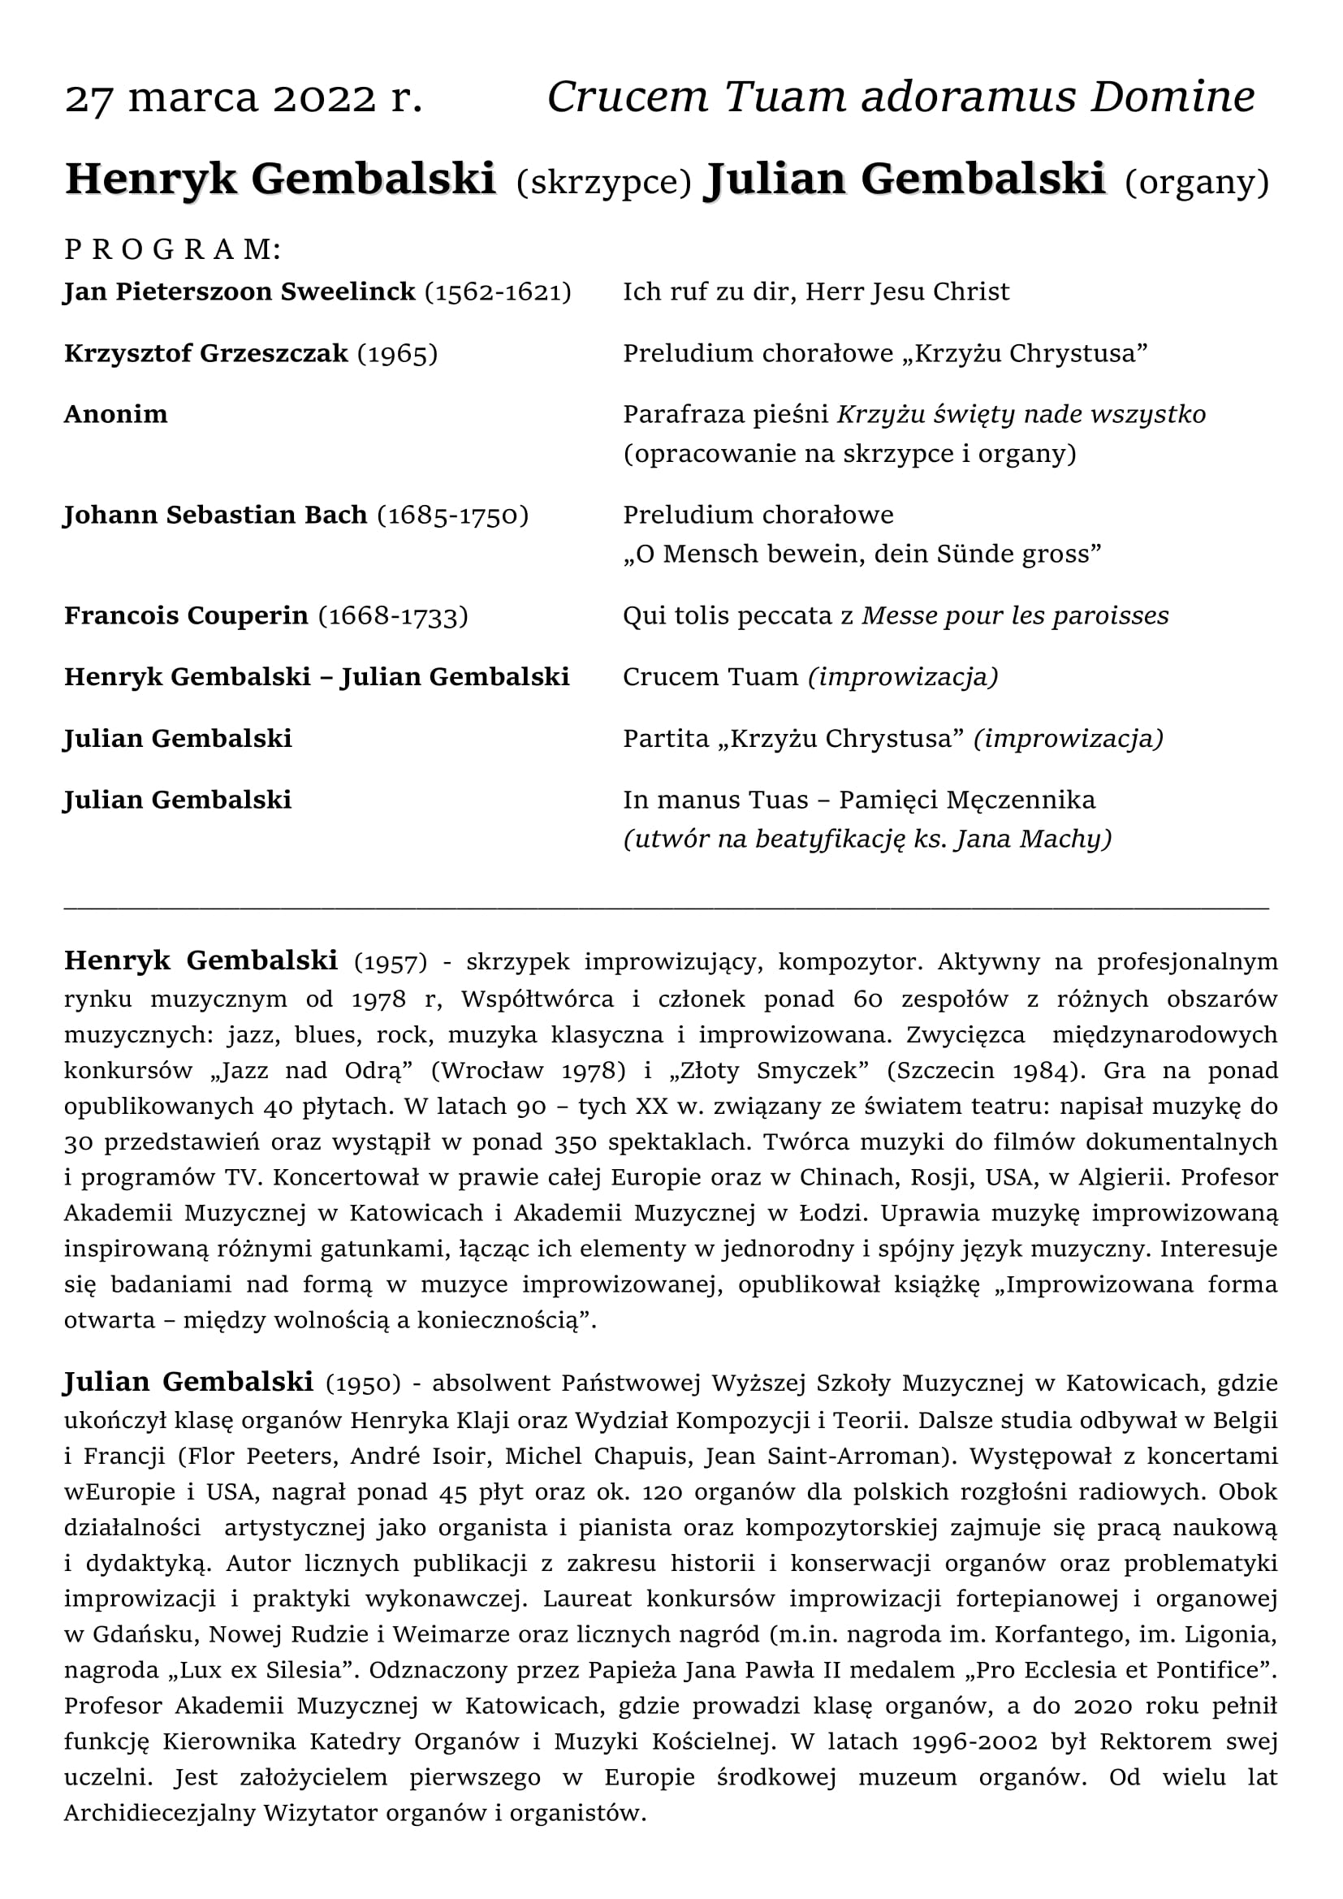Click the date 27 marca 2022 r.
(244, 98)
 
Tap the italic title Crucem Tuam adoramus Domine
(900, 97)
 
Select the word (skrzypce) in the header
(603, 182)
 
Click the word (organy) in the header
(1197, 182)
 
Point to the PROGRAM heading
(173, 249)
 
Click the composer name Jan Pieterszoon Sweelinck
(240, 292)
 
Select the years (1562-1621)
(498, 292)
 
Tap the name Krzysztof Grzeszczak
(206, 353)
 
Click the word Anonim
(116, 414)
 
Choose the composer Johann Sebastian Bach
(216, 516)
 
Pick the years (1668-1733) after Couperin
(393, 616)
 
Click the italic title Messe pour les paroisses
(1015, 616)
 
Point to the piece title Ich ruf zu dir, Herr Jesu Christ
(815, 292)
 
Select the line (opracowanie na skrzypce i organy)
(849, 454)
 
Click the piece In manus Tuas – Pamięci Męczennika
(858, 800)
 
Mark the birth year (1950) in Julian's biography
(363, 1383)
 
